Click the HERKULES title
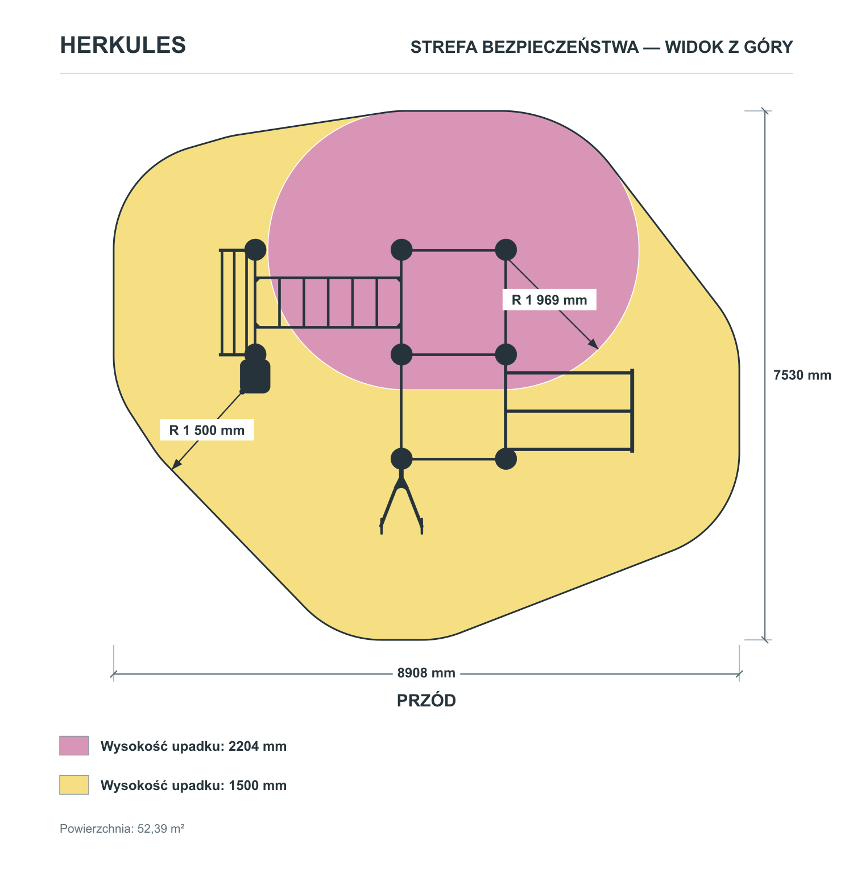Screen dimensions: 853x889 [x=123, y=46]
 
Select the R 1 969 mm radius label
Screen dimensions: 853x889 [x=549, y=300]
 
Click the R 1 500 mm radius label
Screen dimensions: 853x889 [x=207, y=430]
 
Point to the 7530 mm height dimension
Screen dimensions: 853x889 [x=802, y=375]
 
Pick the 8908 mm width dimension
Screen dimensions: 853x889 [x=426, y=673]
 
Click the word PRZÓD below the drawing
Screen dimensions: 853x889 [x=426, y=701]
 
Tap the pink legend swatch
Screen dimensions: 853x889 [x=74, y=746]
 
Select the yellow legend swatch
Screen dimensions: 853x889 [x=74, y=785]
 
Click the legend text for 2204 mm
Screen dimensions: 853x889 [x=193, y=746]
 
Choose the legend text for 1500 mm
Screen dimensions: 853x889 [x=193, y=785]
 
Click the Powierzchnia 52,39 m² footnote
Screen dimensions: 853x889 [x=122, y=829]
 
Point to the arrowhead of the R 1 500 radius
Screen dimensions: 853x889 [x=176, y=464]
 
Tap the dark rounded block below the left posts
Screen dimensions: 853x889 [x=255, y=376]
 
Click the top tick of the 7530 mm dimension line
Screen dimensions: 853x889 [x=765, y=111]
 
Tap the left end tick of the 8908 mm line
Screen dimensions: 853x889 [x=114, y=674]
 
